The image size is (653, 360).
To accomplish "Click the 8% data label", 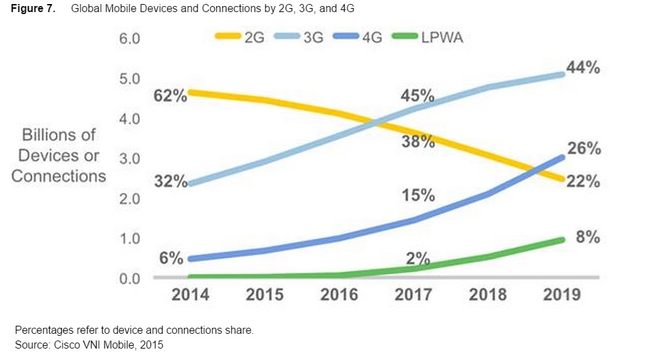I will pos(588,237).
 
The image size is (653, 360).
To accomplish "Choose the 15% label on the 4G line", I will pos(419,196).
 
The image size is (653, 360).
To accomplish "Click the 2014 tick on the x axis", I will pos(190,294).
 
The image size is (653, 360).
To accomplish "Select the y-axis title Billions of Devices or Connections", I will pos(58,155).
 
